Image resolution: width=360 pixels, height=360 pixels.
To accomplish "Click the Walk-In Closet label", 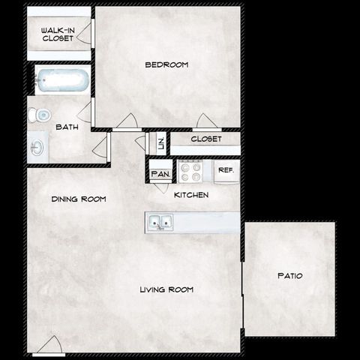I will tap(57, 34).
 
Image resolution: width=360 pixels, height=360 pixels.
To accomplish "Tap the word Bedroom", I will tap(166, 65).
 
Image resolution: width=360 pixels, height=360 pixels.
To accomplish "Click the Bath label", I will tap(67, 127).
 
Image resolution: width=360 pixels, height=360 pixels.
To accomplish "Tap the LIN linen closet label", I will tap(160, 142).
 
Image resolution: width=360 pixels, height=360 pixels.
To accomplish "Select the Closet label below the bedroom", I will tap(205, 139).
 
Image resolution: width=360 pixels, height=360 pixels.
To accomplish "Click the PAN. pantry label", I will tap(160, 174).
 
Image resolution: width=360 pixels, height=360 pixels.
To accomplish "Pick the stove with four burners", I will tap(192, 172).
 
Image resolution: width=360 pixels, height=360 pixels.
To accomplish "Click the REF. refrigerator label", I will tap(226, 171).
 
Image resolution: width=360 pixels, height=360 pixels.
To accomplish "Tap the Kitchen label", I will tap(191, 195).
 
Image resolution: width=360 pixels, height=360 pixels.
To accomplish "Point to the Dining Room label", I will tap(78, 199).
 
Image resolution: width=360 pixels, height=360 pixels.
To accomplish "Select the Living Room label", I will tap(166, 289).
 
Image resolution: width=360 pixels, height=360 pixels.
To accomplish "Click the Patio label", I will tap(289, 276).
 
